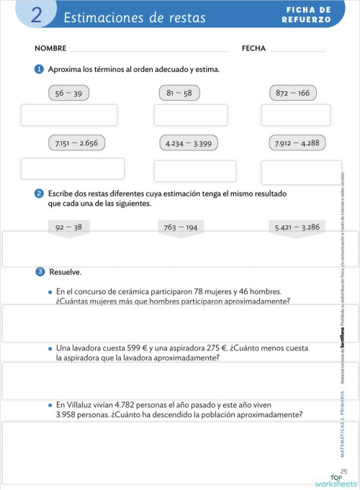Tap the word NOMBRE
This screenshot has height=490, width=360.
click(50, 49)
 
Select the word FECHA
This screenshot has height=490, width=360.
click(254, 49)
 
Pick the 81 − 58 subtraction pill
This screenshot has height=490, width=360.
click(179, 93)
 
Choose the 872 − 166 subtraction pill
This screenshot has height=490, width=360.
click(293, 93)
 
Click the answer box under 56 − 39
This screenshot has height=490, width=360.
click(69, 115)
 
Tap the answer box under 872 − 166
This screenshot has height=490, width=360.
click(295, 115)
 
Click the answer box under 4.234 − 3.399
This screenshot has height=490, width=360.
click(194, 171)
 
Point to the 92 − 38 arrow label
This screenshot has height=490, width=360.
click(68, 227)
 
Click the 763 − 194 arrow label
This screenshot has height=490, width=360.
click(181, 227)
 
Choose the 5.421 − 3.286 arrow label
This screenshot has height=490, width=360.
click(297, 227)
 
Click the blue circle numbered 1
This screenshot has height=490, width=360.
click(39, 69)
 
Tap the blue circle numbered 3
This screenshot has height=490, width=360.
click(40, 272)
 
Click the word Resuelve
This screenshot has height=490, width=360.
click(65, 273)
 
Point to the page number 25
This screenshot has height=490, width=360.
click(343, 471)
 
